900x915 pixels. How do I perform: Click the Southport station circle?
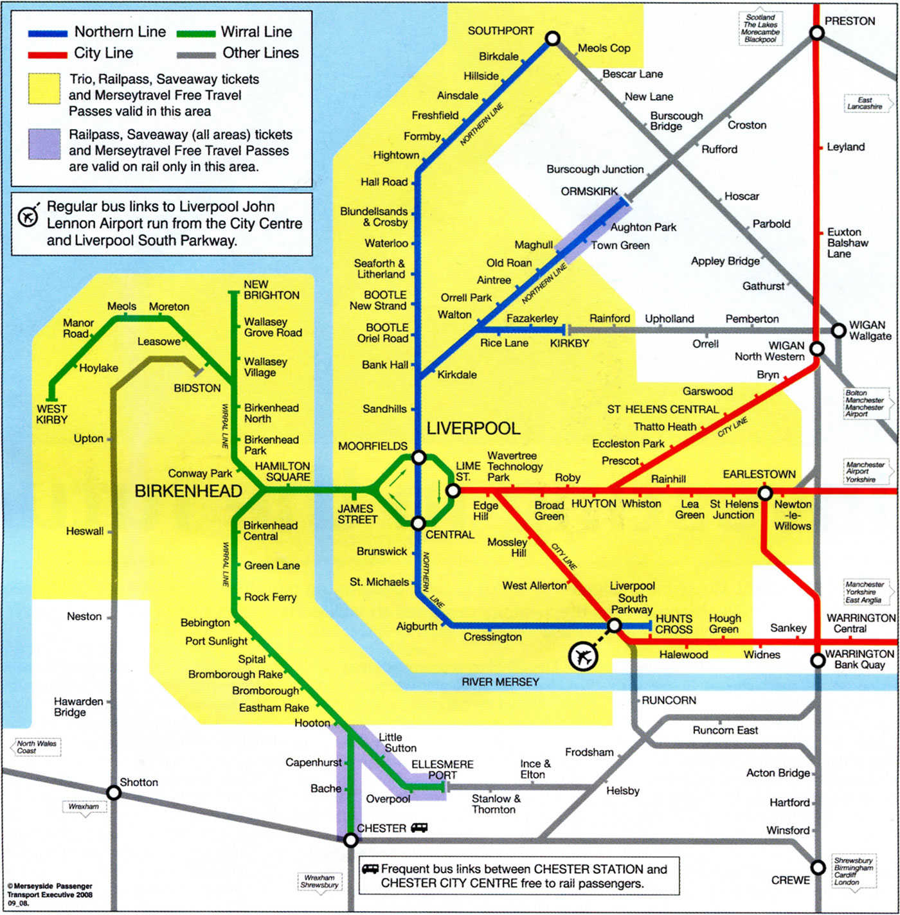552,39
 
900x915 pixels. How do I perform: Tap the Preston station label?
849,21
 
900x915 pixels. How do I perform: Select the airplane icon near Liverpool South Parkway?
583,657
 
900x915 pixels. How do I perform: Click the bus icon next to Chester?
419,828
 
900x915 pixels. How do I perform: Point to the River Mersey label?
500,682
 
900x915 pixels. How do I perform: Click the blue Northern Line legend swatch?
48,33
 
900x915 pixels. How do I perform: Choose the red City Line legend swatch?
48,55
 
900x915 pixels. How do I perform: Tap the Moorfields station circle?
419,457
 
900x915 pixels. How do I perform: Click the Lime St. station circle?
453,491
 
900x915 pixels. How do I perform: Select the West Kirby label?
51,414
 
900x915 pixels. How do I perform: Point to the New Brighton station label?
271,290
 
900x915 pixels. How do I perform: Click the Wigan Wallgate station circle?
838,330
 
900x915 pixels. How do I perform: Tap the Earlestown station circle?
765,493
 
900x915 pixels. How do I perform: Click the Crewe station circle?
818,867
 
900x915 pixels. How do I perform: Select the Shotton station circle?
114,793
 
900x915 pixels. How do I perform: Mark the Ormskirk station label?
589,191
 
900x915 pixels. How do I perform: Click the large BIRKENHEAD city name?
188,492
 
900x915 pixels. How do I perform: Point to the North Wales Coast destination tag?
36,747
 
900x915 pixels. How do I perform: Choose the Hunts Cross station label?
674,624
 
